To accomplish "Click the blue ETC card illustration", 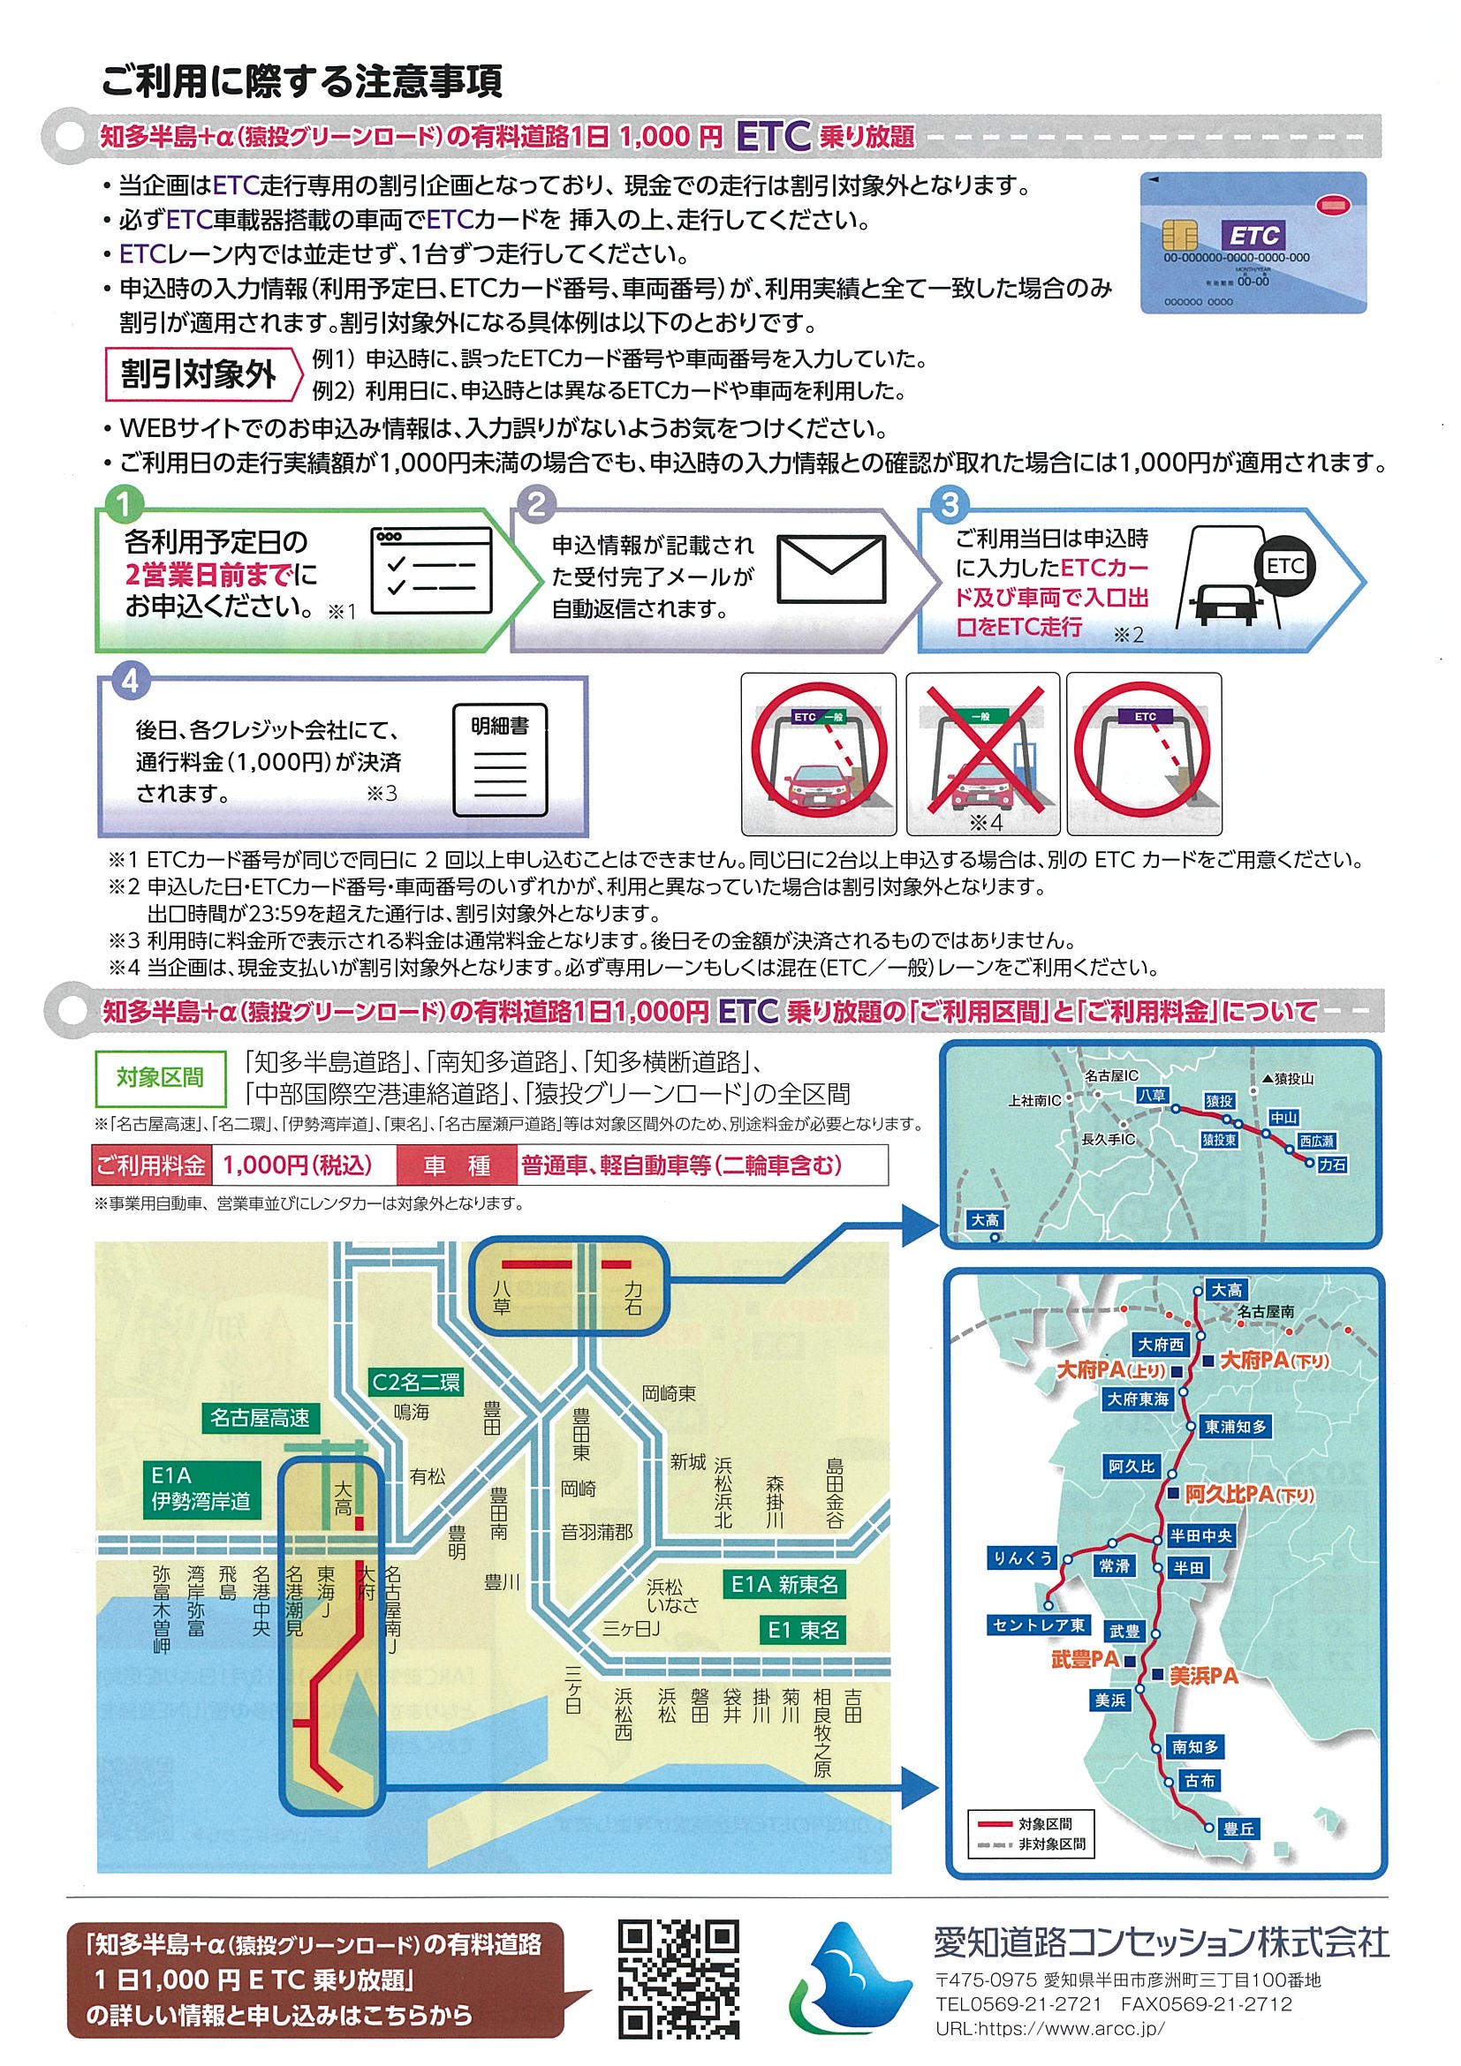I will pyautogui.click(x=1253, y=243).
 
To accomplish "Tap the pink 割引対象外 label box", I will pyautogui.click(x=201, y=374).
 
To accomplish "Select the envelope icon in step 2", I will pyautogui.click(x=830, y=569).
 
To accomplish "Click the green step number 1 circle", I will pyautogui.click(x=124, y=505).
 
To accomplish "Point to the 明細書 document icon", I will pyautogui.click(x=500, y=760).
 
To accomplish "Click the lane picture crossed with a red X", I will pyautogui.click(x=982, y=754).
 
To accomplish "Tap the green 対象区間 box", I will pyautogui.click(x=160, y=1077).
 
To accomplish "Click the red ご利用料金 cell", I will pyautogui.click(x=151, y=1166).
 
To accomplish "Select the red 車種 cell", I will pyautogui.click(x=457, y=1166).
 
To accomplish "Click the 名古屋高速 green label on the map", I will pyautogui.click(x=260, y=1418).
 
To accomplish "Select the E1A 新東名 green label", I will pyautogui.click(x=784, y=1585).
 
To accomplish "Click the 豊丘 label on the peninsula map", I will pyautogui.click(x=1238, y=1828).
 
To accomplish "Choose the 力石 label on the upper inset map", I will pyautogui.click(x=1331, y=1165).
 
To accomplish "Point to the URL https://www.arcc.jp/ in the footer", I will pyautogui.click(x=1049, y=2030).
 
